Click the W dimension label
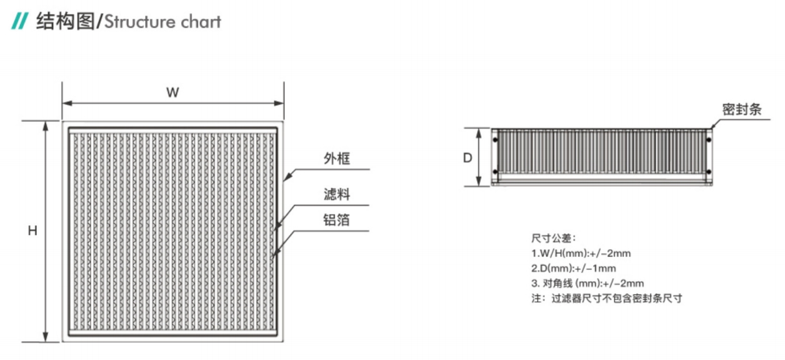coord(172,92)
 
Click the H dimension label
coord(32,231)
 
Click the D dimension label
coord(467,157)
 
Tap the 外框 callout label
coord(337,159)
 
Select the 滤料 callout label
coord(337,194)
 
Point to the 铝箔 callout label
coord(336,220)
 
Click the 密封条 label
coord(742,110)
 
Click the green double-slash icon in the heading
coord(19,21)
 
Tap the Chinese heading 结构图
coord(66,21)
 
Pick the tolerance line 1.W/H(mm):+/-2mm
coord(581,253)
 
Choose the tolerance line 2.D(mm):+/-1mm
coord(573,268)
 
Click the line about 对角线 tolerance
coord(587,283)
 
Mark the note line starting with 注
coord(607,298)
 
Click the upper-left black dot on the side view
coord(495,140)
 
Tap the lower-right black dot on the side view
coord(709,172)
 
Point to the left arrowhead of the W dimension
coord(67,103)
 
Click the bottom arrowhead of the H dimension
coord(46,337)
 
